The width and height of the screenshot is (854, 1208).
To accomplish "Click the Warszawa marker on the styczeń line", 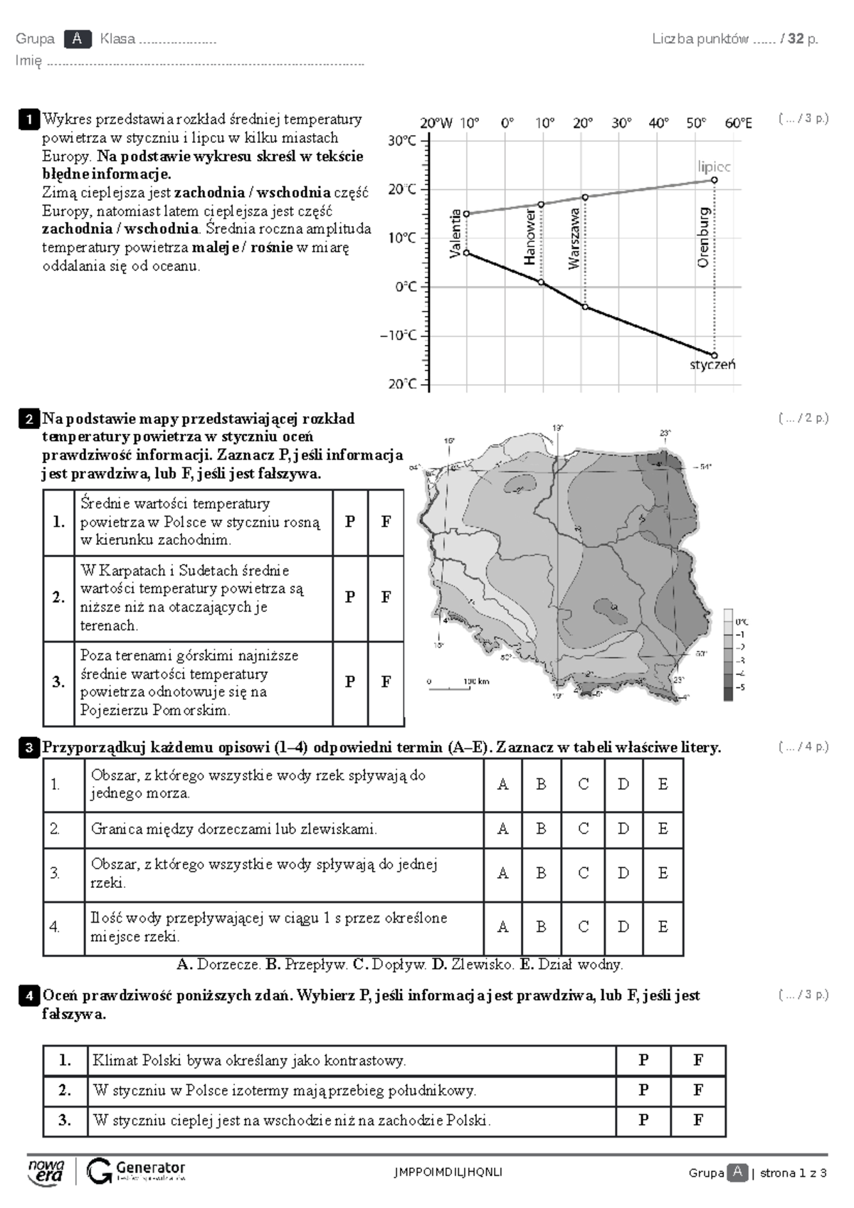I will pos(585,307).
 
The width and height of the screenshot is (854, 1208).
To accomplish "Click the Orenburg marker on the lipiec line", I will pos(714,180).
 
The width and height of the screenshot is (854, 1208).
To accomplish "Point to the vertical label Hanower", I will pos(530,237).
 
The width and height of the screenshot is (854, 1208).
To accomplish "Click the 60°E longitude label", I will pos(738,123).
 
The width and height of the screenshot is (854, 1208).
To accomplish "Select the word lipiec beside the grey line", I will pos(713,166).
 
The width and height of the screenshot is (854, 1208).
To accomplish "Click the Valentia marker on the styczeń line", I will pos(466,253).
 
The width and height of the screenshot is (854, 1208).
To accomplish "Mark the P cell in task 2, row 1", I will pos(350,521).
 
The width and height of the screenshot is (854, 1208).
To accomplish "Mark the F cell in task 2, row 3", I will pos(386,682).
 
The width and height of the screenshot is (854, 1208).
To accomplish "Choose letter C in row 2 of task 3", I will pos(584,829).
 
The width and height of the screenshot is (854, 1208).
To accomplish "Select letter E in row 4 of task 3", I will pos(663,927).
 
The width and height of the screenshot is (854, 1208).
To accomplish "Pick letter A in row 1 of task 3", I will pos(502,785).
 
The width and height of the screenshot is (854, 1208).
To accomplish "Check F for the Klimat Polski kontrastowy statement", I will pos(697,1061).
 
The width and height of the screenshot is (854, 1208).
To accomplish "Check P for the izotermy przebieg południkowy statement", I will pos(643,1090).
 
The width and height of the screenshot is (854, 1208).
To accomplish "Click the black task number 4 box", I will pos(29,996).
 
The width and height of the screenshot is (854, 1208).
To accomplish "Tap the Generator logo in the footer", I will pos(135,1170).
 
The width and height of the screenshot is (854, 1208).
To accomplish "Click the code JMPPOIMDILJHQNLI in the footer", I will pos(448,1172).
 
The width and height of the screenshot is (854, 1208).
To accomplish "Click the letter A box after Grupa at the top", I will pos(77,39).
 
